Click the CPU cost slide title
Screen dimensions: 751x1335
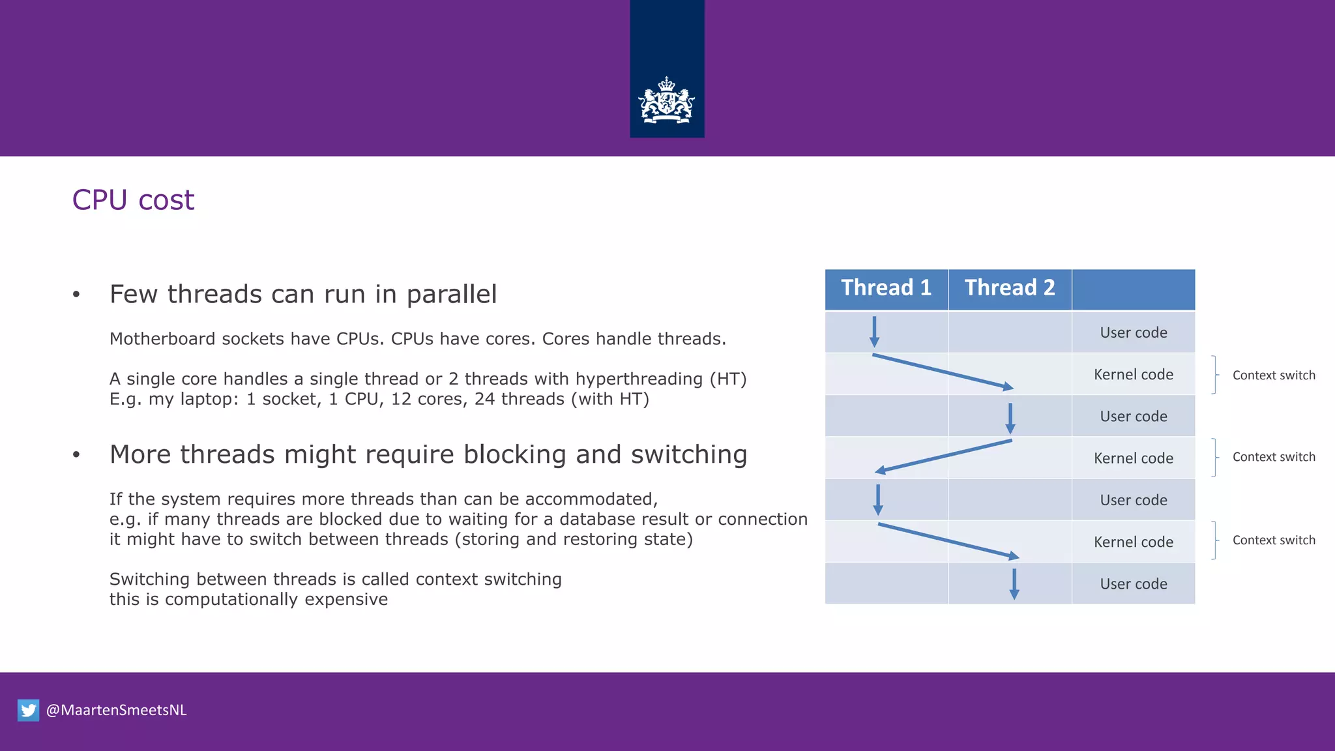133,199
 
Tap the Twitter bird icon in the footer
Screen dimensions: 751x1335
28,710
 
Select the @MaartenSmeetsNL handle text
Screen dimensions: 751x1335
116,710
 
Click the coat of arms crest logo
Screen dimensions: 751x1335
666,101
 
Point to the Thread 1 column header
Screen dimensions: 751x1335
886,288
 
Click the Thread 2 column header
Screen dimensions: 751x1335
1009,288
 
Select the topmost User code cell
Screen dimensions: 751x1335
1133,332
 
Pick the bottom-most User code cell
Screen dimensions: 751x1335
1133,584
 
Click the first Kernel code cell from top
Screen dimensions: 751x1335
1133,375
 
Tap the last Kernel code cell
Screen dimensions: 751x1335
1133,542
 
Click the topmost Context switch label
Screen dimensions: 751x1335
1273,375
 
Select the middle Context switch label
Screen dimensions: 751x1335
1273,457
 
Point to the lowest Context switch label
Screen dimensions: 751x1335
1273,540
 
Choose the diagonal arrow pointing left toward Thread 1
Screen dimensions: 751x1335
943,456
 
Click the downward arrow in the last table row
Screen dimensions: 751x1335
1014,584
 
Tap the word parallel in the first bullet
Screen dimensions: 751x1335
451,295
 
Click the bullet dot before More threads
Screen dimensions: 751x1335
76,455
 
